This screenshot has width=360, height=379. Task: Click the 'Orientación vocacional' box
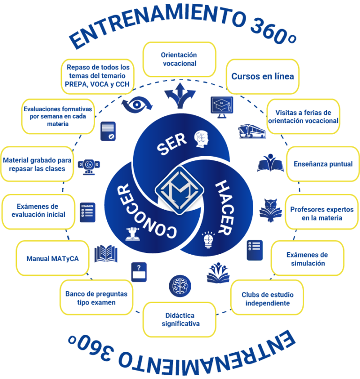[x=179, y=59]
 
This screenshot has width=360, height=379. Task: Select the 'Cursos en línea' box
[x=262, y=76]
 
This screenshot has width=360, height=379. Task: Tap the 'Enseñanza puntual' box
[x=323, y=164]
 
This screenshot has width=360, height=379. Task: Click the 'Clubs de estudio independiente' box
[x=265, y=299]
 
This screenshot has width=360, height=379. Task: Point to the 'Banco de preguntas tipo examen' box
[x=96, y=298]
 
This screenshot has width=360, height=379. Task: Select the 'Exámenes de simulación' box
[x=307, y=259]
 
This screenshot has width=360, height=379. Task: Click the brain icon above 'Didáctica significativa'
[x=180, y=285]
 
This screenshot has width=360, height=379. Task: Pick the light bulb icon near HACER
[x=208, y=239]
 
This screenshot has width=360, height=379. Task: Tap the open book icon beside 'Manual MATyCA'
[x=106, y=254]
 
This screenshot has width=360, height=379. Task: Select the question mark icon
[x=139, y=272]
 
